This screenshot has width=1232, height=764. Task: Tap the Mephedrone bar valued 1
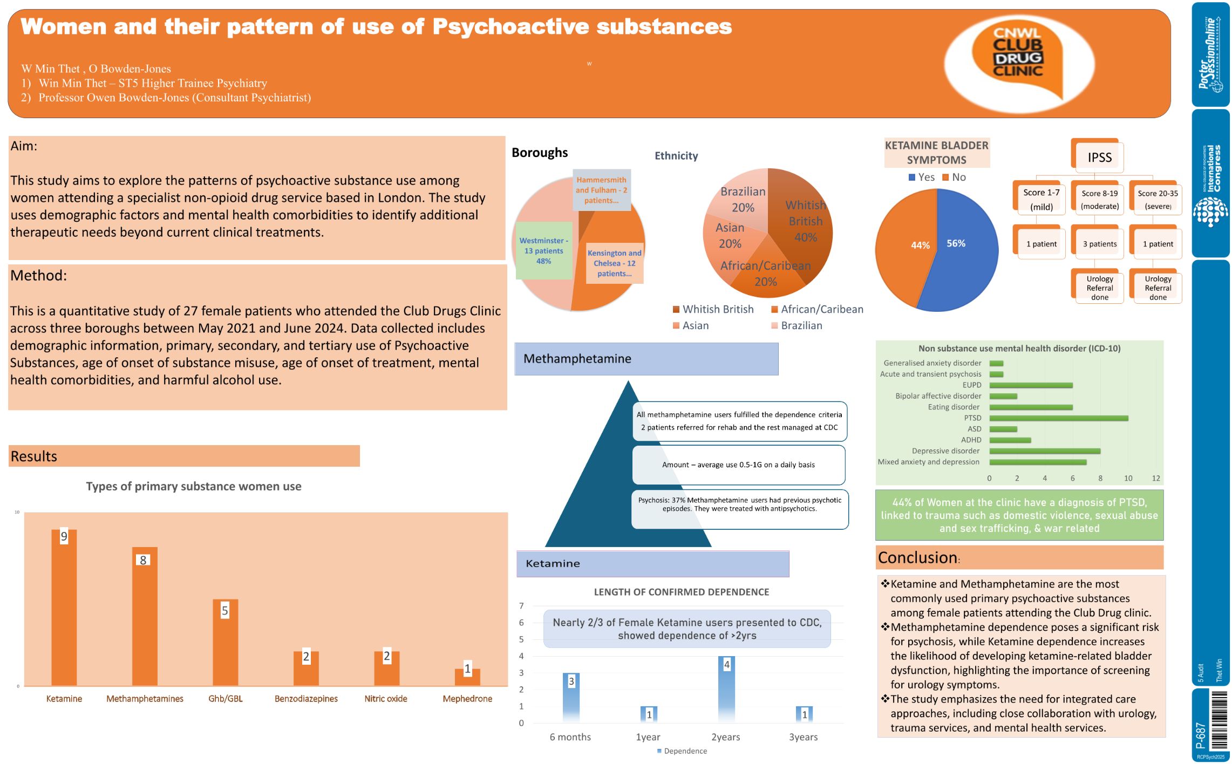click(x=467, y=677)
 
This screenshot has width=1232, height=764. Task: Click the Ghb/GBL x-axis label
click(x=226, y=699)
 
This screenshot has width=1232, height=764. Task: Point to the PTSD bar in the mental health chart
click(x=1058, y=418)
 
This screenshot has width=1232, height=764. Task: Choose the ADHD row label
click(x=971, y=440)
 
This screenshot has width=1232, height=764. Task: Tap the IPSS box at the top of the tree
click(x=1099, y=157)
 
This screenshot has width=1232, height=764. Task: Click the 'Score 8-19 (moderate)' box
click(x=1099, y=200)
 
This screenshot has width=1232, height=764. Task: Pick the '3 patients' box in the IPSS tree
click(x=1099, y=244)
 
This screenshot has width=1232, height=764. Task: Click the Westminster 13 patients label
click(x=543, y=251)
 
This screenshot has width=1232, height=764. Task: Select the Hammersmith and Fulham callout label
click(x=601, y=190)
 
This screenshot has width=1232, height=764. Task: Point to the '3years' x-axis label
click(x=803, y=737)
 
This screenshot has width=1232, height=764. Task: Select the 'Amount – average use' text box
click(x=738, y=465)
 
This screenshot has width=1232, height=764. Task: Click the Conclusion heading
click(x=917, y=557)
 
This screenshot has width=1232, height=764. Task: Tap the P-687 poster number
click(x=1200, y=735)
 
